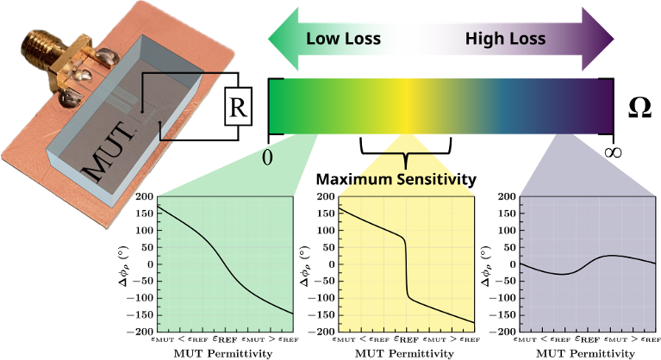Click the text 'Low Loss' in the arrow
[342, 39]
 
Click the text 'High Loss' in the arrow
[505, 39]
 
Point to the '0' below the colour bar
[267, 158]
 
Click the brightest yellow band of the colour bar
[406, 106]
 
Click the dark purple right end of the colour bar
[599, 106]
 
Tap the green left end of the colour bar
[284, 106]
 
